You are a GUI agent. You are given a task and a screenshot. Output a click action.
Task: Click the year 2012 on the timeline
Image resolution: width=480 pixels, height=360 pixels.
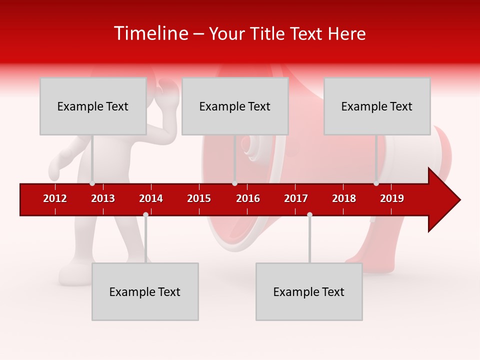[x=55, y=198]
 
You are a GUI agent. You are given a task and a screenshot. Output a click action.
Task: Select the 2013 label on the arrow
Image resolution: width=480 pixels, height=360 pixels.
[x=103, y=198]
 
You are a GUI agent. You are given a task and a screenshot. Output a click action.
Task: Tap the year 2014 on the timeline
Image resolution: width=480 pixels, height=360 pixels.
[x=151, y=198]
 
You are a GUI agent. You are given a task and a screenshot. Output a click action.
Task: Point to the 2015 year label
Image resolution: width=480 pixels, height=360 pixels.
[x=199, y=198]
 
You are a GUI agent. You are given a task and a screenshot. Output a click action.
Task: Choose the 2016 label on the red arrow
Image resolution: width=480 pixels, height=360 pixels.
[x=248, y=198]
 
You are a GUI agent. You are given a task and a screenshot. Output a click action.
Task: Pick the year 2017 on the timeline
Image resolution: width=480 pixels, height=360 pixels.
[x=296, y=198]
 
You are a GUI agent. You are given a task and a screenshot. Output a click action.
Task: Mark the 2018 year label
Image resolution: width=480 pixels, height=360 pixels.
[x=344, y=198]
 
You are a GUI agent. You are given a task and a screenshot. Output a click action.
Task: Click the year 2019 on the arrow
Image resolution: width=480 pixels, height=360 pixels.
[x=392, y=198]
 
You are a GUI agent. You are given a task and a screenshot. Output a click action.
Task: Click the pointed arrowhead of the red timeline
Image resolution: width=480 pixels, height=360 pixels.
[x=447, y=200]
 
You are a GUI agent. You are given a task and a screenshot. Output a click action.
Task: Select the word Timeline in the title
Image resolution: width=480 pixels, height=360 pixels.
[x=150, y=33]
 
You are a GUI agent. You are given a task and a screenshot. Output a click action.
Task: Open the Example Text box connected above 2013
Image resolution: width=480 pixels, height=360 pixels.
[x=93, y=106]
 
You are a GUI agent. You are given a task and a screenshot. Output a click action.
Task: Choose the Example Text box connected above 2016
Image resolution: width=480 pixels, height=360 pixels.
[x=235, y=106]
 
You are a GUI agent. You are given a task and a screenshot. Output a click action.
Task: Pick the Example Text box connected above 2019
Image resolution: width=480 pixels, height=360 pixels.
[x=377, y=106]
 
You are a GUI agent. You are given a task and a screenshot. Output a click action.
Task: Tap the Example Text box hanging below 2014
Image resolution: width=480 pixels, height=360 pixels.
[x=145, y=291]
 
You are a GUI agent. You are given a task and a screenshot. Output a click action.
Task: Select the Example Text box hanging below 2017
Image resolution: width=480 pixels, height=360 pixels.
[x=309, y=291]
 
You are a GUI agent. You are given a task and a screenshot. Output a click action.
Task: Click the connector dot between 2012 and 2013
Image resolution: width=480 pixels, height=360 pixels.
[x=92, y=183]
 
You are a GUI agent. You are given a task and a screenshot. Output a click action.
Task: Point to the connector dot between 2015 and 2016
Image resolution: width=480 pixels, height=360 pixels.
[x=234, y=183]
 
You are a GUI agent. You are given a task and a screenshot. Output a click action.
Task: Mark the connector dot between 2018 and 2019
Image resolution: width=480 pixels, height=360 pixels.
[x=376, y=183]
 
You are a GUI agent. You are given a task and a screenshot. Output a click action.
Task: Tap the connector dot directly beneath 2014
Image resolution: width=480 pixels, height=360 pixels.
[x=145, y=215]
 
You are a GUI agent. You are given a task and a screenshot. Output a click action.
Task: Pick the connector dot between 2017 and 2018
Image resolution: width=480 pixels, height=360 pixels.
[x=309, y=215]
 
